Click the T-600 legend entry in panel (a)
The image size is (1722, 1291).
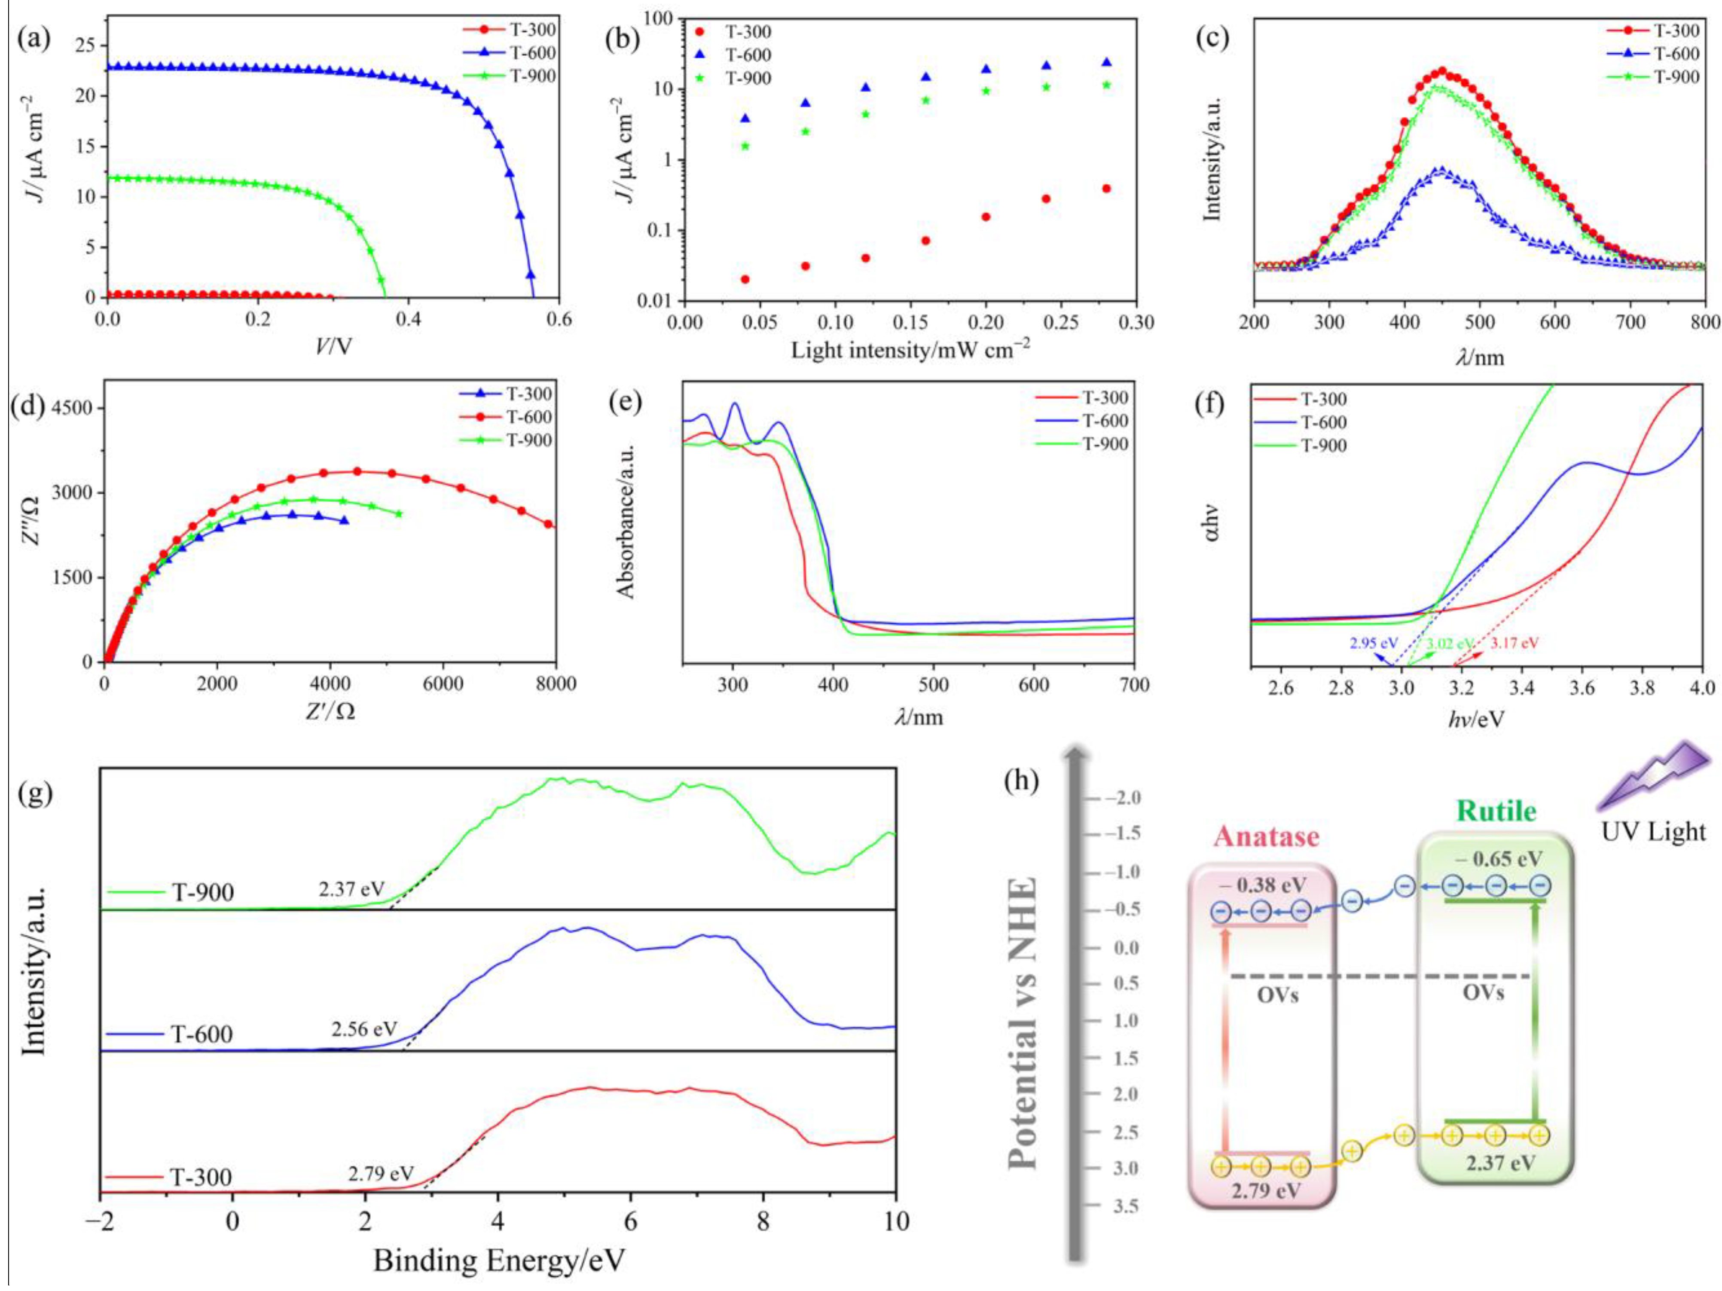point(532,53)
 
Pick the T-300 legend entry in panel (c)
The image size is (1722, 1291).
point(1676,31)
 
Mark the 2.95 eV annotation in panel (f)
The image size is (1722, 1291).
point(1373,643)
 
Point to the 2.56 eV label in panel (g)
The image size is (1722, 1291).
point(363,1029)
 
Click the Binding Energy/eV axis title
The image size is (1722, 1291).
point(498,1260)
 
